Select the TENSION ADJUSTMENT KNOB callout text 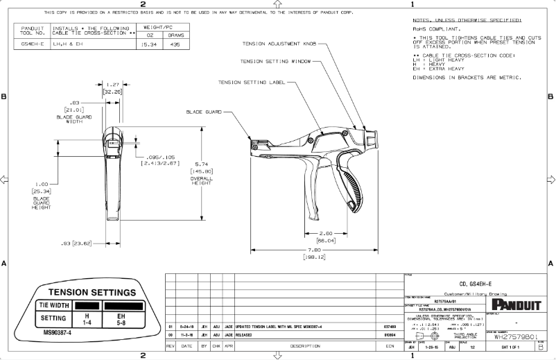tap(279, 44)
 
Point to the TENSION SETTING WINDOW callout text tap(275, 61)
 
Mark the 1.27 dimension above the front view tap(112, 84)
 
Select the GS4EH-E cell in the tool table tap(33, 43)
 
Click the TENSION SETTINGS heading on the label tap(87, 291)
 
